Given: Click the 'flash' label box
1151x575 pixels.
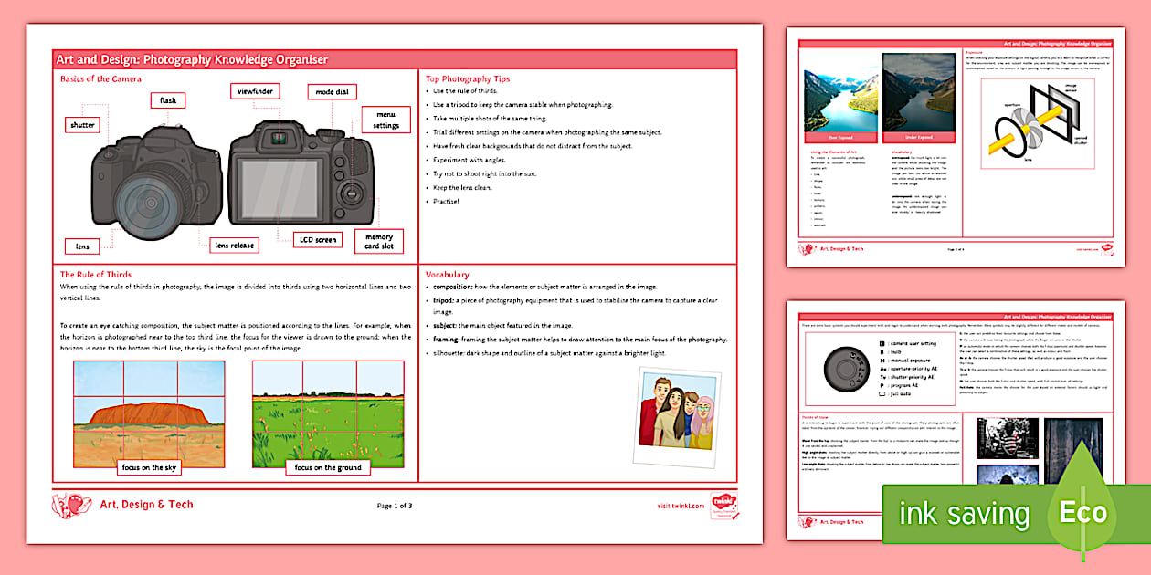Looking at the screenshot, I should pos(168,100).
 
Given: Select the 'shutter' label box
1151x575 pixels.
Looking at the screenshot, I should pos(82,125).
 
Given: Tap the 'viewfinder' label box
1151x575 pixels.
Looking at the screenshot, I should pos(253,91).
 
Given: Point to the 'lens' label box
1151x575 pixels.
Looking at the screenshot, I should pos(82,246).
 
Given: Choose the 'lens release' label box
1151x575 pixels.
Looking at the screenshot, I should pos(234,245).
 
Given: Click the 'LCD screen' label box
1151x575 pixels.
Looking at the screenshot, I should pos(318,240).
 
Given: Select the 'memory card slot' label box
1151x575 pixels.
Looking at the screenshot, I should pos(378,242).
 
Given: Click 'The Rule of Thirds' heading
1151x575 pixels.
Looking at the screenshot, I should pos(96,274).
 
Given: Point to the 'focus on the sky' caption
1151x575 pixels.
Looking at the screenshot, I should pos(150,468).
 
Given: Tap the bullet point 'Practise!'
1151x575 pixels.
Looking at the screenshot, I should pos(448,201).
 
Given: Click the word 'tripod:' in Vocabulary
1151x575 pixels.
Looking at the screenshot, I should pos(447,299).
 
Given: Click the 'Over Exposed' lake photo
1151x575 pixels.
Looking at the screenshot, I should pos(838,98).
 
